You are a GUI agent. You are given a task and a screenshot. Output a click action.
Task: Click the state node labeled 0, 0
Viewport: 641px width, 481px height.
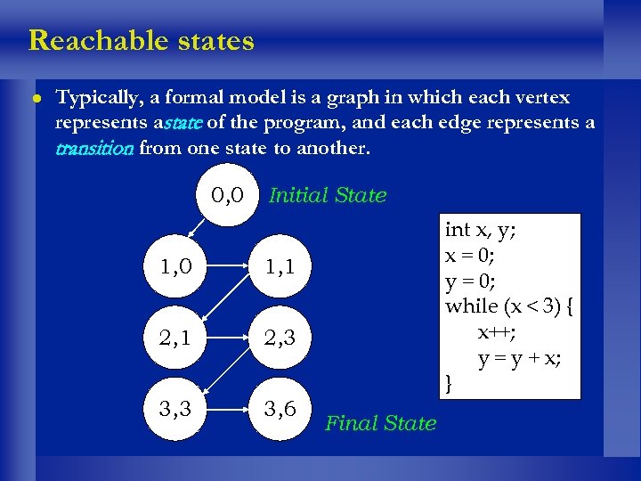pyautogui.click(x=229, y=194)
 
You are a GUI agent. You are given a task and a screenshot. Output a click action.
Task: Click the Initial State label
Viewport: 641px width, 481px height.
pyautogui.click(x=328, y=195)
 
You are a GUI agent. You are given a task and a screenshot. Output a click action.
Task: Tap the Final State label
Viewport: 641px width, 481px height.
pyautogui.click(x=381, y=423)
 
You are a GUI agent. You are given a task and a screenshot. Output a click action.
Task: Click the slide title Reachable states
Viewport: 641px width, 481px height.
pyautogui.click(x=142, y=41)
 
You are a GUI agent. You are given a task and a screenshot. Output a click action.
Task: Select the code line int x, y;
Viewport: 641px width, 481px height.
pyautogui.click(x=481, y=230)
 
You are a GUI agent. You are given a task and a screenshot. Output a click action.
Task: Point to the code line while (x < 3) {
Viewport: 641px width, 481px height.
pyautogui.click(x=510, y=306)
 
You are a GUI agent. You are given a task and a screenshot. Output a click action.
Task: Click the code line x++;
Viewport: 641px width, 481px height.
pyautogui.click(x=495, y=332)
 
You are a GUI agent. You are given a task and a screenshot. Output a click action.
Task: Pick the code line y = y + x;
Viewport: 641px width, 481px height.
pyautogui.click(x=519, y=358)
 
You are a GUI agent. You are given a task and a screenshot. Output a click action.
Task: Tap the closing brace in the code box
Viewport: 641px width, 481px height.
pyautogui.click(x=450, y=384)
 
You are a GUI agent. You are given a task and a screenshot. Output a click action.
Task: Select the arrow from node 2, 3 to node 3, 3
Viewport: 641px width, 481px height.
pyautogui.click(x=228, y=374)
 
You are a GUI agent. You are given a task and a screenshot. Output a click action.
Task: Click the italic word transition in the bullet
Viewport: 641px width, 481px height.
pyautogui.click(x=93, y=149)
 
